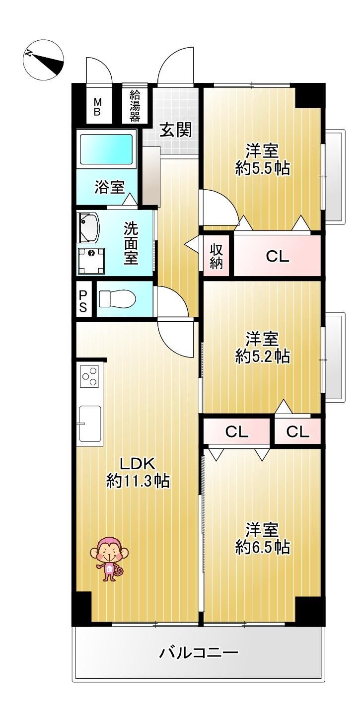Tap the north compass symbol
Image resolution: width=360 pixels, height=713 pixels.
(44, 60)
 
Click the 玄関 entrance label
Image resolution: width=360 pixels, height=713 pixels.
(176, 130)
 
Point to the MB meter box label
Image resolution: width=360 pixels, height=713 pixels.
(98, 107)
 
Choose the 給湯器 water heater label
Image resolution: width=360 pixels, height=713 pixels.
(135, 106)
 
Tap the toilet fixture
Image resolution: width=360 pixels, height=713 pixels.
(118, 298)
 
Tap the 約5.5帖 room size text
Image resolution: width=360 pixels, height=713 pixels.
(262, 168)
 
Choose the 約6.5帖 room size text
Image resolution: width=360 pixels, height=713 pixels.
(262, 547)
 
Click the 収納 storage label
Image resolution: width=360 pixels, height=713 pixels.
(216, 256)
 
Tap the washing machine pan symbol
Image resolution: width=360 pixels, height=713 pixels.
(91, 261)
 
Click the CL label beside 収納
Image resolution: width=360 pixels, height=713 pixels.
(278, 256)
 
